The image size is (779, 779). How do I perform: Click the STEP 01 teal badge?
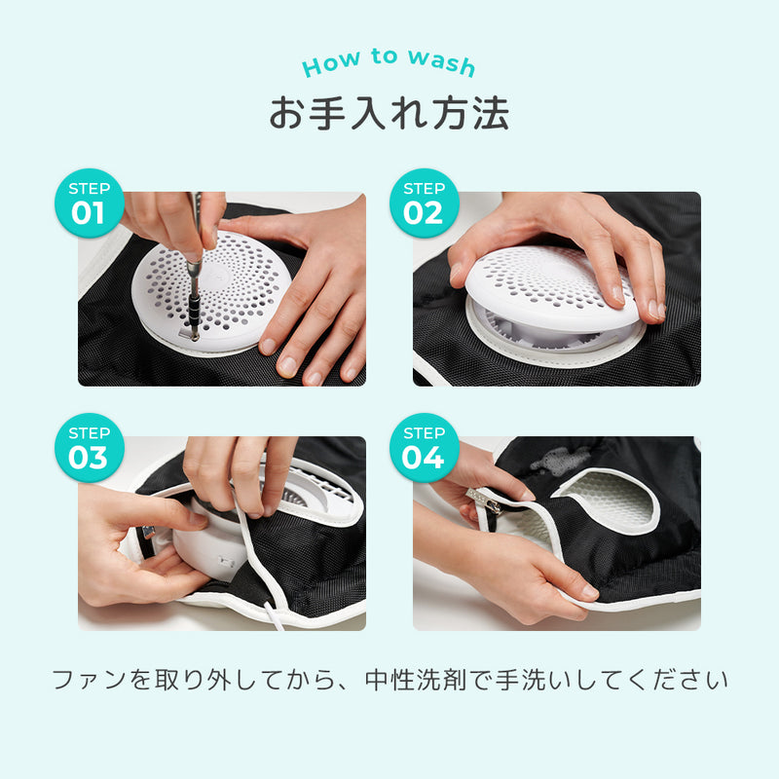click(x=90, y=204)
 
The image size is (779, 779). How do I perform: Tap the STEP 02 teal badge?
click(x=425, y=204)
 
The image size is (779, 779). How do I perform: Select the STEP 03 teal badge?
click(x=90, y=448)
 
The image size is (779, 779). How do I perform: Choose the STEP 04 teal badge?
click(x=425, y=448)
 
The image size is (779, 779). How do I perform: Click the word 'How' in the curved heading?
click(x=331, y=63)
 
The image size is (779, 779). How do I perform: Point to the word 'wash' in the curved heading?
click(x=442, y=62)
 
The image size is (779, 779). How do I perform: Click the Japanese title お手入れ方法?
click(x=389, y=113)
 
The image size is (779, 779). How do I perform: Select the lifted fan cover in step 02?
click(x=550, y=288)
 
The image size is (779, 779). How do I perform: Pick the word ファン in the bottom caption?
click(x=90, y=680)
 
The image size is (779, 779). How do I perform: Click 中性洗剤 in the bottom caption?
click(x=416, y=680)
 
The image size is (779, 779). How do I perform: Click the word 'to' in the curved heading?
click(x=385, y=56)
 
